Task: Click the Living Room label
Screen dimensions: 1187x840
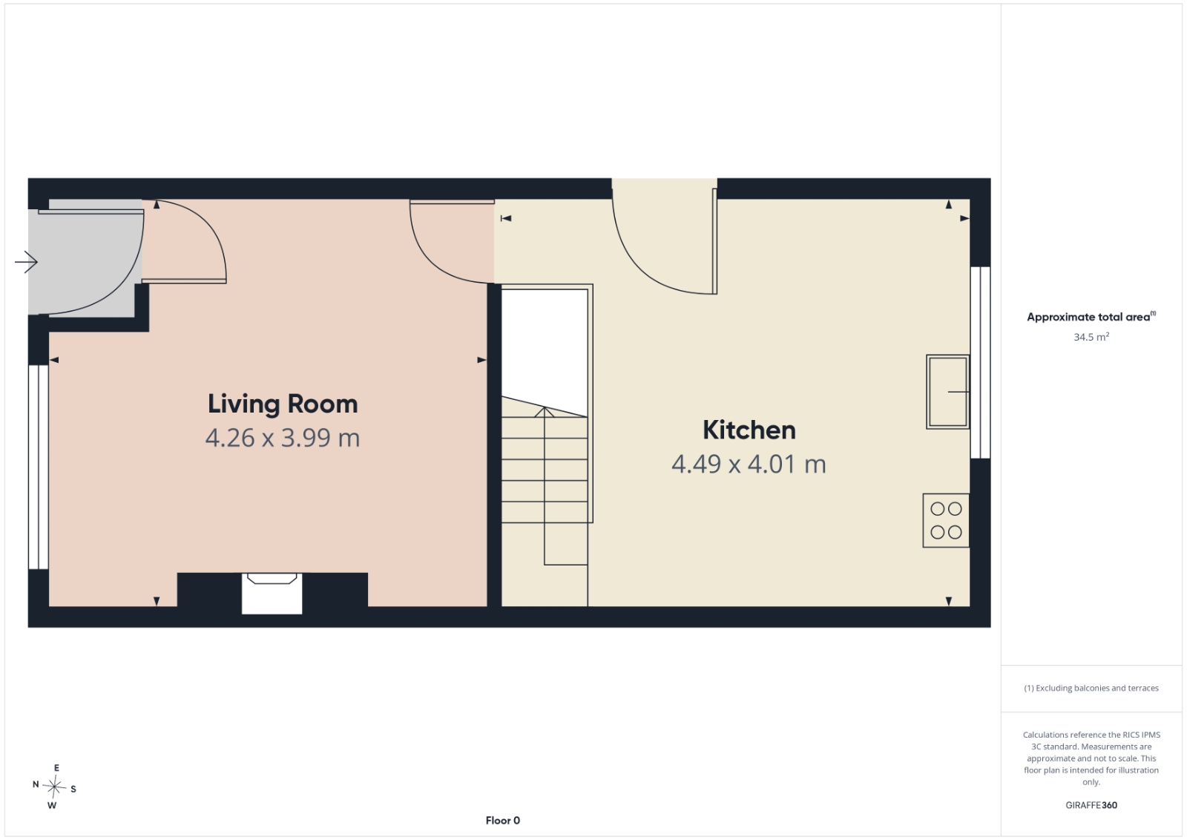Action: point(283,404)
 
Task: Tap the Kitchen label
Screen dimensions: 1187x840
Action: point(749,430)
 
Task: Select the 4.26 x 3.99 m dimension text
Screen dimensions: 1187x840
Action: point(283,438)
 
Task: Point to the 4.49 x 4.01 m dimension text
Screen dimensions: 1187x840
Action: point(749,465)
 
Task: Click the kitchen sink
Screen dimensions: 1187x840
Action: point(947,392)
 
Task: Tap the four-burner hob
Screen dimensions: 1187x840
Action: point(946,520)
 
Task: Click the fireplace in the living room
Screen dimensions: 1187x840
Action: point(272,593)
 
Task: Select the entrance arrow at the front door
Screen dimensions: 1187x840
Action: point(26,262)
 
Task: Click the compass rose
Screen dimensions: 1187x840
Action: point(54,787)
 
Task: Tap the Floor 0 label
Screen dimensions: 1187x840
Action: point(502,821)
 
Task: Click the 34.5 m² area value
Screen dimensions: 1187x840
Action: point(1091,337)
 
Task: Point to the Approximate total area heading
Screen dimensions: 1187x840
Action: point(1091,317)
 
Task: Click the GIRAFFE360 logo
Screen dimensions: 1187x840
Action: point(1091,805)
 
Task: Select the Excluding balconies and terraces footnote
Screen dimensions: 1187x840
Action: point(1091,688)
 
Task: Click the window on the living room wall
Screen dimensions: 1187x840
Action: point(38,467)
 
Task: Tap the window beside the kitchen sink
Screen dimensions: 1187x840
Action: point(980,363)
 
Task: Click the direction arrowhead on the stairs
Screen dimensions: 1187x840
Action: point(545,412)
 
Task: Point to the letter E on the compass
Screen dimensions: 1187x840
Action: point(56,768)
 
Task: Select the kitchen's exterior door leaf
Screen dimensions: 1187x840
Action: point(714,241)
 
